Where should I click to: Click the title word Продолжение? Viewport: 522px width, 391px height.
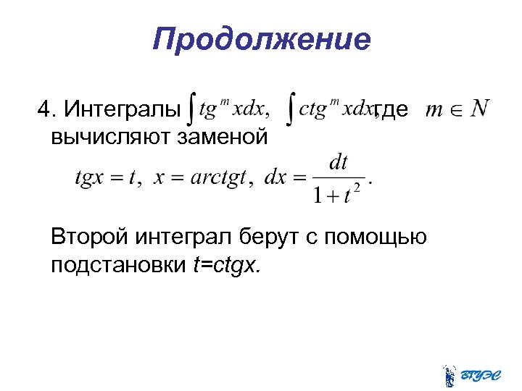(x=261, y=39)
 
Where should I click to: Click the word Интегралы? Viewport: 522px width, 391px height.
(x=121, y=110)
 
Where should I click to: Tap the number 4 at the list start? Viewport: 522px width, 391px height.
(x=45, y=110)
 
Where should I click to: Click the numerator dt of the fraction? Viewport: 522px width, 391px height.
(x=339, y=161)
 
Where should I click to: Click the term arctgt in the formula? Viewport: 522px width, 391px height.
(x=219, y=177)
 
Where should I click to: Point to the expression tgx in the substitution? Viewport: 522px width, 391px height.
(x=91, y=178)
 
